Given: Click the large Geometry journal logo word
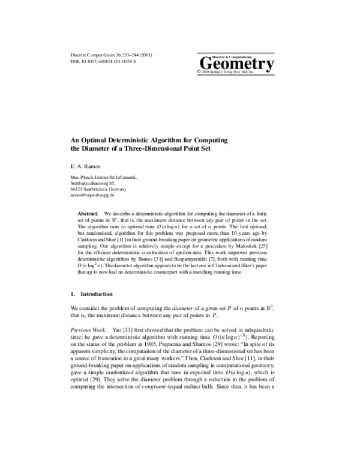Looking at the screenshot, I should point(235,62).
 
